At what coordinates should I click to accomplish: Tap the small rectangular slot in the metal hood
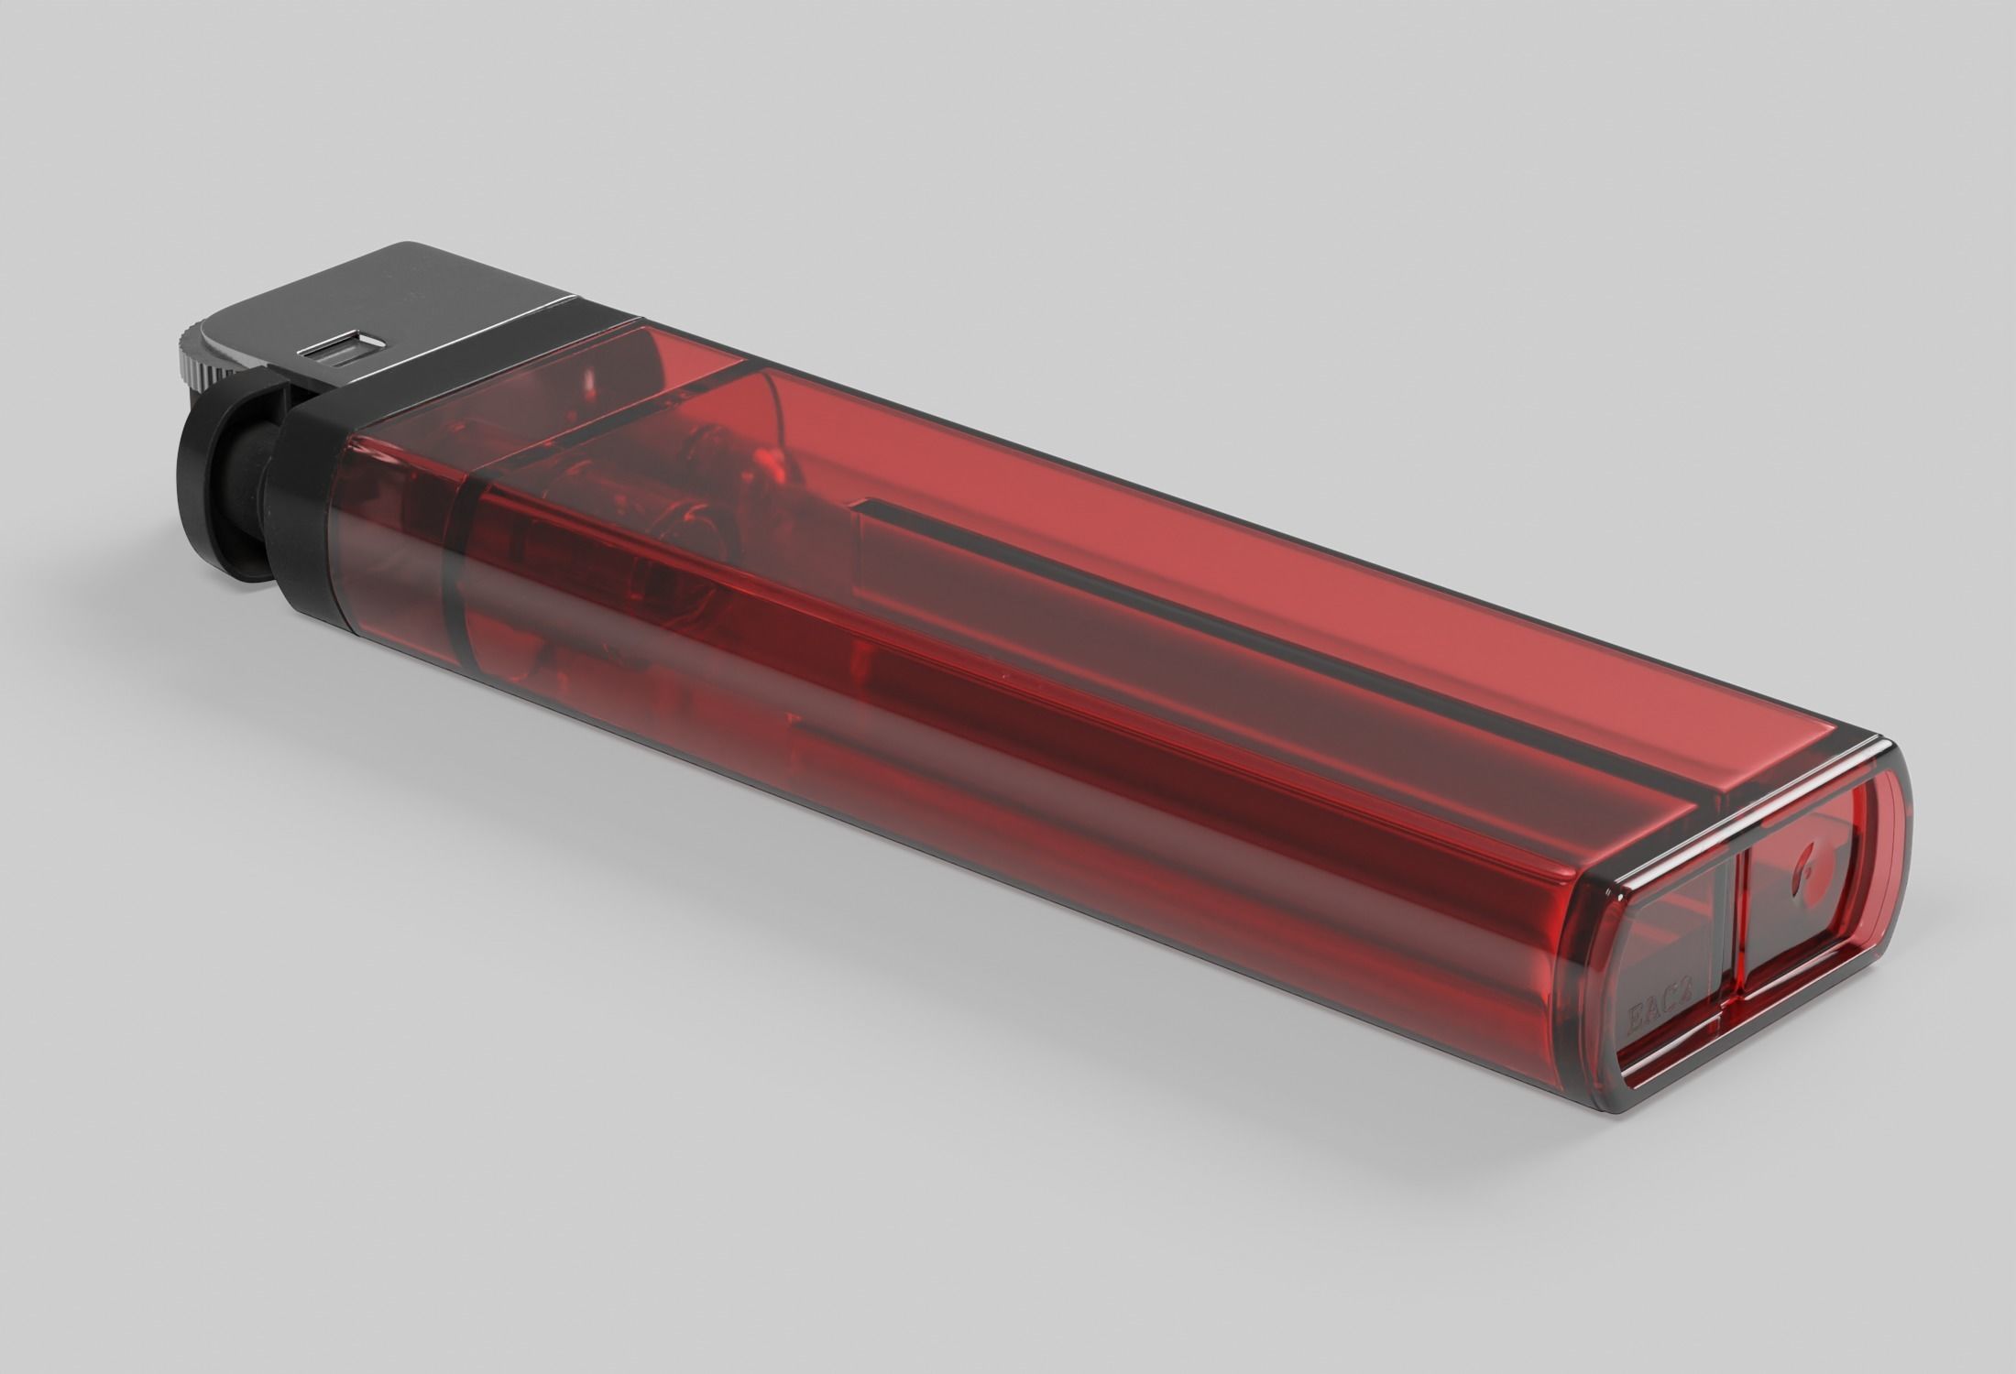[340, 352]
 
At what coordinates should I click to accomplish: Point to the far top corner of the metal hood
[403, 245]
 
